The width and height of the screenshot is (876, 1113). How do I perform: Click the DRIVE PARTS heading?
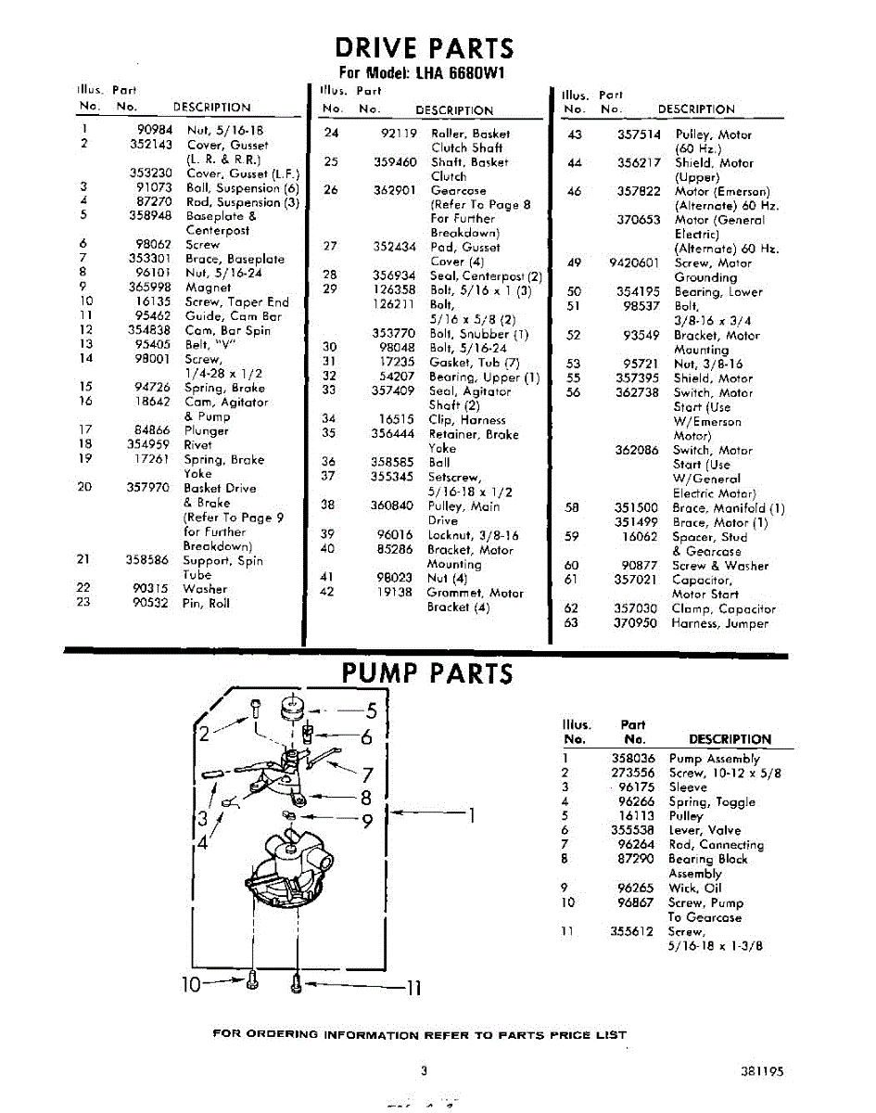425,47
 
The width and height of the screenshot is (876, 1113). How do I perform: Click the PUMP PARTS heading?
427,672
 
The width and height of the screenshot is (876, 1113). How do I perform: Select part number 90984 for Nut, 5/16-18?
155,131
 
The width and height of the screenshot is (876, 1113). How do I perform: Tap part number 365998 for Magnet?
150,288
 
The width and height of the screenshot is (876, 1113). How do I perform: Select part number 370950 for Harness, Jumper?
636,623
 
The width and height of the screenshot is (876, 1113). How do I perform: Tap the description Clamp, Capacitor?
723,609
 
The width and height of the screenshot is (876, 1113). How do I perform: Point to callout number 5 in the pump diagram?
370,712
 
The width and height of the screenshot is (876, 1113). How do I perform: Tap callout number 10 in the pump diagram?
190,985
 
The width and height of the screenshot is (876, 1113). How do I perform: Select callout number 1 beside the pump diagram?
471,816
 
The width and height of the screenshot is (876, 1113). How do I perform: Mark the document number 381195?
762,1070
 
